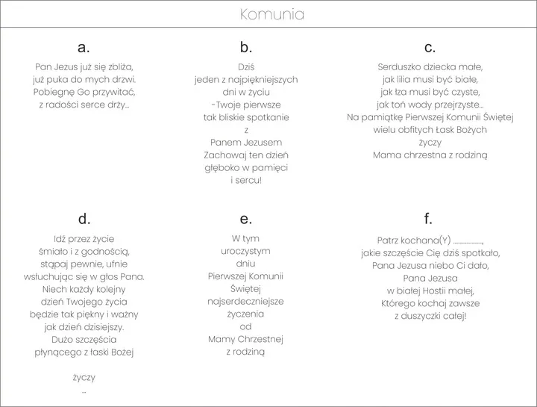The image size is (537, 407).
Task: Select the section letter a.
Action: (84, 48)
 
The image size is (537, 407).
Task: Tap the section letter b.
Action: (246, 48)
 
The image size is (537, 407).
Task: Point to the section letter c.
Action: (430, 48)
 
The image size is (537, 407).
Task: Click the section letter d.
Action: (84, 219)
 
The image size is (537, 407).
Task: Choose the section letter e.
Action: (246, 219)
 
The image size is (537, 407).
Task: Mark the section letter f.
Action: (428, 218)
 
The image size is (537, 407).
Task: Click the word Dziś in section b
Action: (246, 66)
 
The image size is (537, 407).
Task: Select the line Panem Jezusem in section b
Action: (246, 143)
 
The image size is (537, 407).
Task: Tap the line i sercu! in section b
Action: (246, 181)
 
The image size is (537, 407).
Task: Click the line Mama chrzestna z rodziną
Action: (430, 155)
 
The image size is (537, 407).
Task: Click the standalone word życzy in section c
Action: (430, 143)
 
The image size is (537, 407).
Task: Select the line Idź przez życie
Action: (84, 238)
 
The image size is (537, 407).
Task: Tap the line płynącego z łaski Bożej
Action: (84, 352)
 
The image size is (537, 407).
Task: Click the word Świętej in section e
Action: (245, 288)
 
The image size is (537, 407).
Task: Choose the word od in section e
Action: (245, 326)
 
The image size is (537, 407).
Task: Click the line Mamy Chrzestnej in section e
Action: (245, 339)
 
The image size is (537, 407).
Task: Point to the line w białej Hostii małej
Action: (430, 291)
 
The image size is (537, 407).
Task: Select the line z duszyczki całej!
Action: (430, 316)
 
